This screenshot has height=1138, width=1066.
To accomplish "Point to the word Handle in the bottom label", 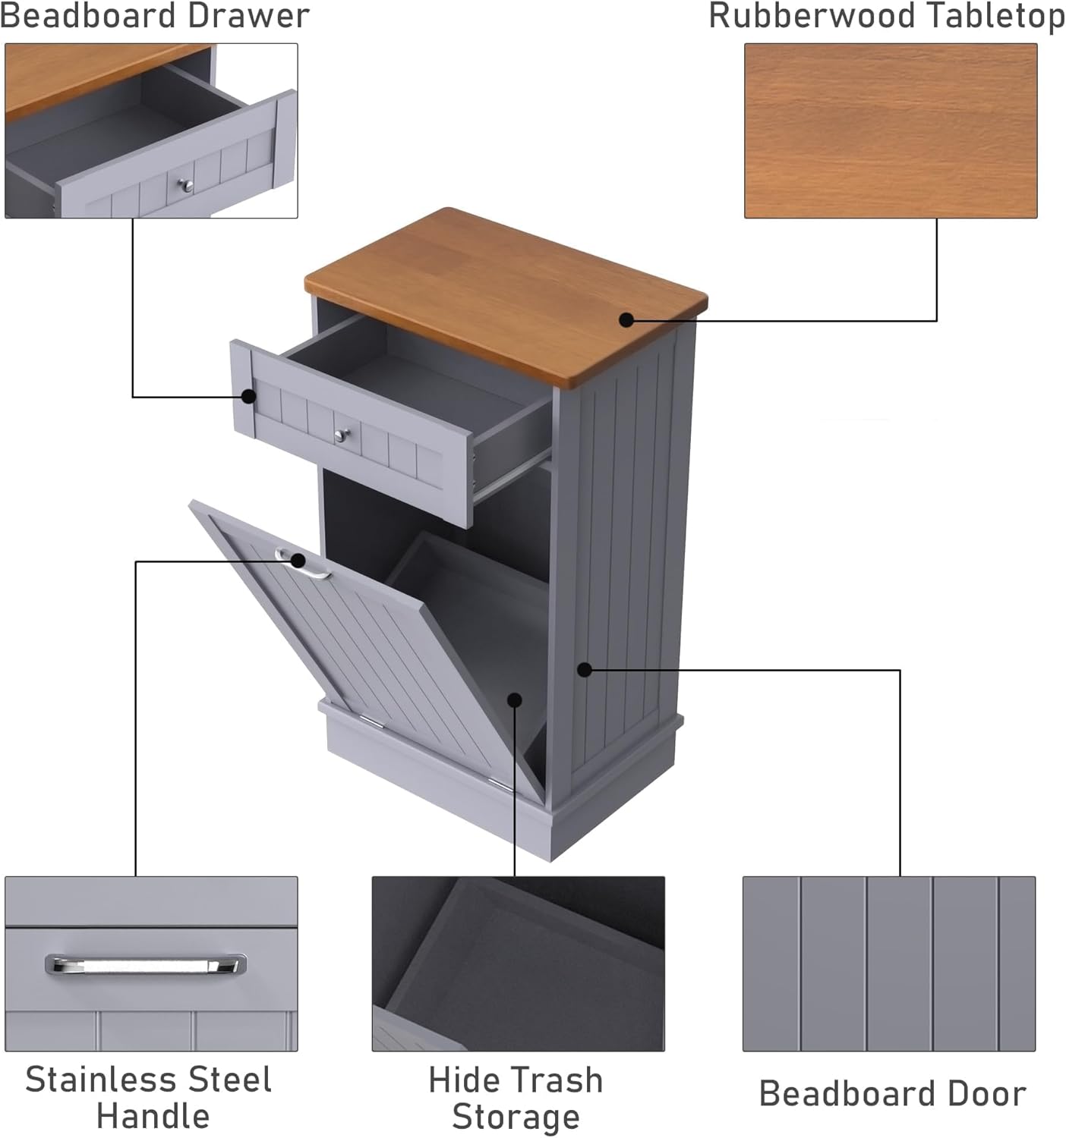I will click(153, 1116).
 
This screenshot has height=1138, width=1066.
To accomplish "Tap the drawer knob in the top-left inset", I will click(184, 184).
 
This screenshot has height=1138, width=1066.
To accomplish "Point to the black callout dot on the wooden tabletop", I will click(626, 319).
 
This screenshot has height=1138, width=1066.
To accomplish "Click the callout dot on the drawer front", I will click(248, 396).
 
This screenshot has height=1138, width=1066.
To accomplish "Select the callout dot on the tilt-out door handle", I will click(298, 561).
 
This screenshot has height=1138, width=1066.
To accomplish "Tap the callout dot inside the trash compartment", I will click(515, 699).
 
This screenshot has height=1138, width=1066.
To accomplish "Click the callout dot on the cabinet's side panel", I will click(584, 669).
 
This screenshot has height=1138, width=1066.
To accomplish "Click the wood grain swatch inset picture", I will click(890, 130).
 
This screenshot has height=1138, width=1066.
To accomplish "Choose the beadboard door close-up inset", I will click(888, 964).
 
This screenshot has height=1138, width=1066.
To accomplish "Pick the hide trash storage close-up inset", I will click(518, 964).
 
